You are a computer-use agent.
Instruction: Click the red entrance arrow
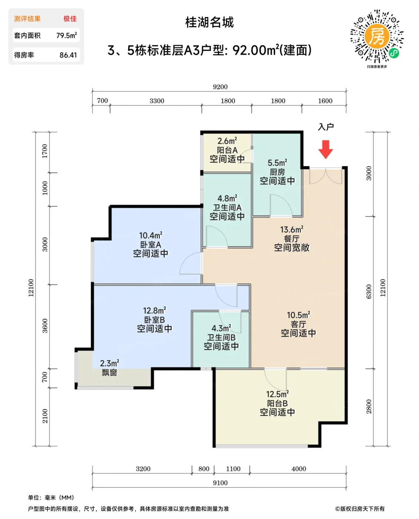pos(326,149)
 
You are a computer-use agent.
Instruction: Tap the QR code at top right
pos(377,36)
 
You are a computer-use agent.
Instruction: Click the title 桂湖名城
pos(209,23)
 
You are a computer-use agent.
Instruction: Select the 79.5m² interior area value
pos(66,36)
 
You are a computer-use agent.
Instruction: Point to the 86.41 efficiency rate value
pos(68,55)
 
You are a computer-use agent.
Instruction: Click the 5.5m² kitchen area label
pos(277,163)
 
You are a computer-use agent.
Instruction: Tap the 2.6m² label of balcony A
pos(227,141)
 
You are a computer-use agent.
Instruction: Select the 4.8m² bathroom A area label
pos(227,198)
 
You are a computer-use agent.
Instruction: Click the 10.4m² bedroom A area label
pos(150,235)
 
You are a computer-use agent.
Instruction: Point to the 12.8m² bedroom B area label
pos(154,310)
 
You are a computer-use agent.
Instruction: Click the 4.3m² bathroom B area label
pos(221,328)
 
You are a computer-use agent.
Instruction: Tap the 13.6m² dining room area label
pos(292,229)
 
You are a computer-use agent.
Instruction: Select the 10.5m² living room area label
pos(298,315)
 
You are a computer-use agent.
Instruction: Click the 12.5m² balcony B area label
pos(277,394)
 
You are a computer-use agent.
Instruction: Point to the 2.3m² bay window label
pos(109,363)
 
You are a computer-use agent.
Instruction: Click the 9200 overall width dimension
pos(220,87)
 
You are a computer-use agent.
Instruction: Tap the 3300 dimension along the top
pos(157,101)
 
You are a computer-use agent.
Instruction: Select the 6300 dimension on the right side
pos(369,291)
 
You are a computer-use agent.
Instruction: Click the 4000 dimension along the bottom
pos(299,469)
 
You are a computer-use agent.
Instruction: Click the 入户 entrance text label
pos(326,127)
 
